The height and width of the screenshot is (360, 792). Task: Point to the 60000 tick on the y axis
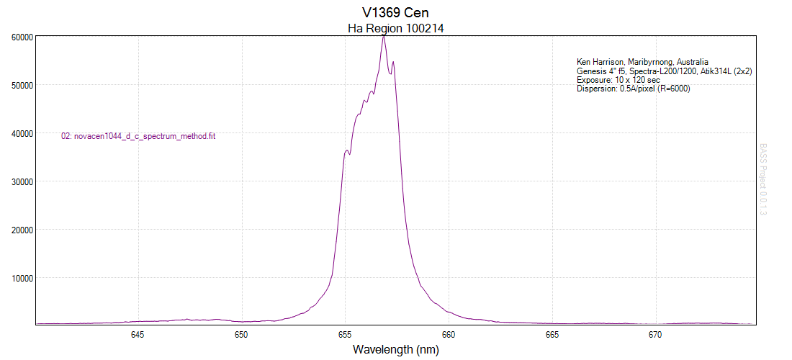coord(20,37)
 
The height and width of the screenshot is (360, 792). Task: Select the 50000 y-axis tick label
coord(20,85)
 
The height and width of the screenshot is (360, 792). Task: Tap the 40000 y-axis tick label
coord(20,133)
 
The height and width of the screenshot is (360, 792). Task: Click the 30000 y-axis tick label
coord(20,181)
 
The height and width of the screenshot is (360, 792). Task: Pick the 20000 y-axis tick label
coord(20,230)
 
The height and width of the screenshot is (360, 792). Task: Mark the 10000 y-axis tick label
coord(20,278)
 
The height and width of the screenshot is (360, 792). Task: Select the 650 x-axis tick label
coord(241,335)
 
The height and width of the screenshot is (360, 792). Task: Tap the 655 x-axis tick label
coord(345,335)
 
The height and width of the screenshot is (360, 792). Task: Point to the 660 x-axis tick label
coord(449,335)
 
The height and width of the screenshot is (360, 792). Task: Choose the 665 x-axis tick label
coord(552,335)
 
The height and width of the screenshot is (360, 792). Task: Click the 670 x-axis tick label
coord(655,335)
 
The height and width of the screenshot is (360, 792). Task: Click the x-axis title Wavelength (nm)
coord(395,350)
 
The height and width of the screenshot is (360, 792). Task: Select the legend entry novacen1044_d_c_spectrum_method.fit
coord(139,136)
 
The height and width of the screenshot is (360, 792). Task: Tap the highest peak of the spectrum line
coord(384,36)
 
